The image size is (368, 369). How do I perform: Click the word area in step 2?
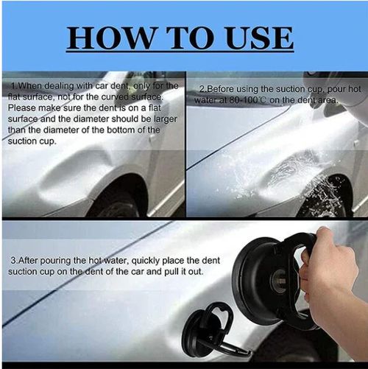coord(328,99)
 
